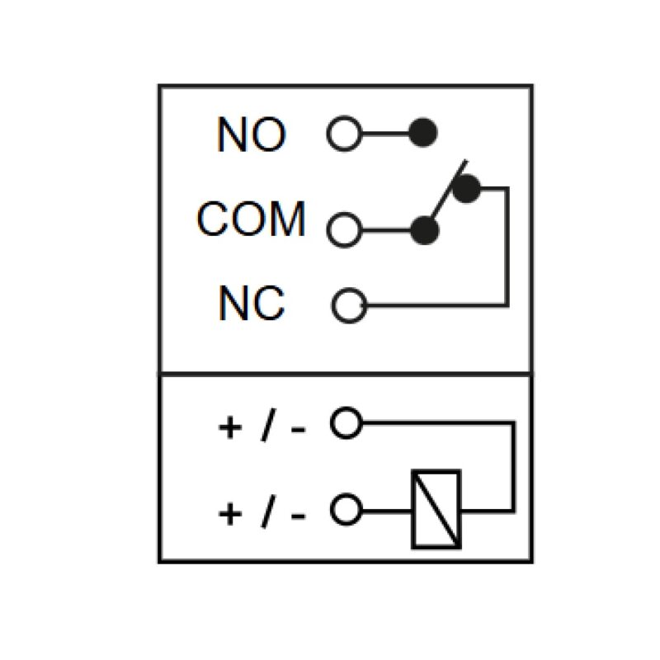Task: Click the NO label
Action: point(252,134)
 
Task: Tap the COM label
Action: point(251,219)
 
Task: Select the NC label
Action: point(252,303)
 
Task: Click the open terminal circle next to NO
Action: point(344,133)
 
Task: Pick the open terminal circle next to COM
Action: point(344,230)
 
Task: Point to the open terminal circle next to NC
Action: point(349,305)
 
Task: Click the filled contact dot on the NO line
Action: point(423,133)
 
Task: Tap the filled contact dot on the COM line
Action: point(425,230)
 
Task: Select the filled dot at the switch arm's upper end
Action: point(466,189)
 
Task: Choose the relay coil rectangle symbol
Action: point(436,509)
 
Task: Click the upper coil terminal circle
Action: point(346,422)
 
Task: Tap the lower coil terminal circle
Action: point(346,509)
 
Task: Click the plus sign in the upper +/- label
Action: point(230,427)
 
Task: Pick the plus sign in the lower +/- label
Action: point(230,514)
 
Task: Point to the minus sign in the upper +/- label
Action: point(298,429)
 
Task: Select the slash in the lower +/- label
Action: point(269,511)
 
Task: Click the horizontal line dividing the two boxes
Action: point(346,374)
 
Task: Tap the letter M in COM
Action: point(287,219)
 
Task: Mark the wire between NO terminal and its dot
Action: point(385,134)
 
